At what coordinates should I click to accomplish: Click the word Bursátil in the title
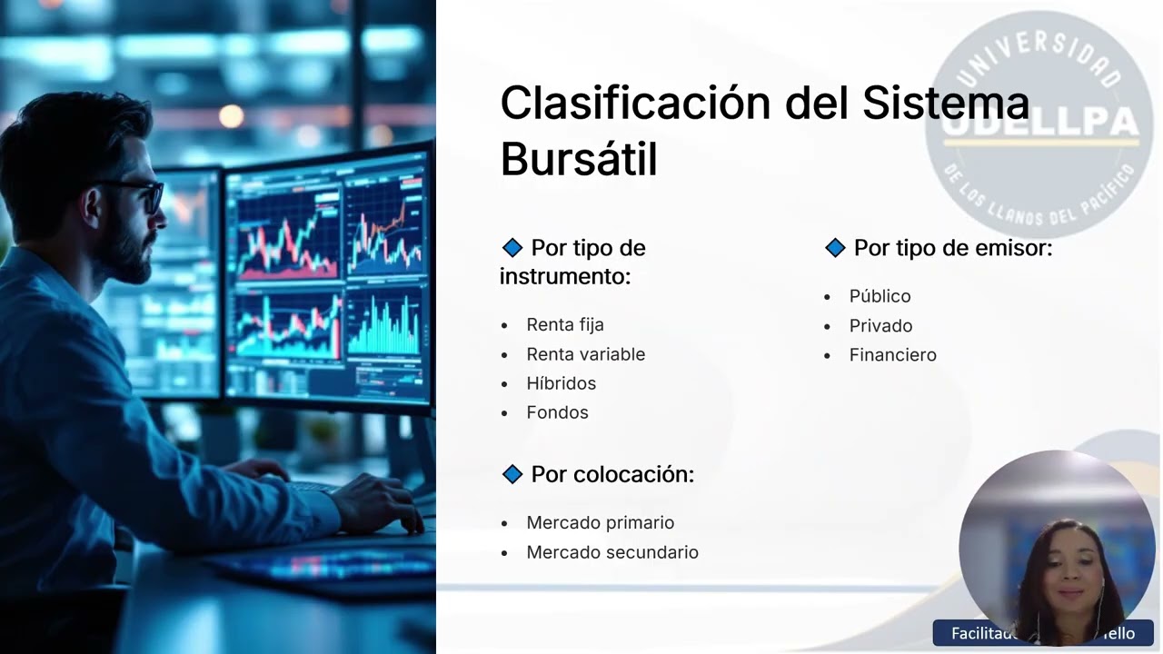point(578,159)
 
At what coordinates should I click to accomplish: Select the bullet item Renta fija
point(564,324)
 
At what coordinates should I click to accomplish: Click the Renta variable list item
point(585,354)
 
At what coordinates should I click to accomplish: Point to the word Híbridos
point(561,383)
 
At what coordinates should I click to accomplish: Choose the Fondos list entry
point(557,412)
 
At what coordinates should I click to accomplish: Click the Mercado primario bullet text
point(600,522)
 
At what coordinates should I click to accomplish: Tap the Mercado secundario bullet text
point(611,552)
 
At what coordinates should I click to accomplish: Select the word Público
point(880,296)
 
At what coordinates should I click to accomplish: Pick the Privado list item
point(880,325)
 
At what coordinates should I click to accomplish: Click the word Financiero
point(892,355)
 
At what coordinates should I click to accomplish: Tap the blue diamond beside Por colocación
point(512,474)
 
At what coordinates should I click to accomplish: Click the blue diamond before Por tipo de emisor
point(835,248)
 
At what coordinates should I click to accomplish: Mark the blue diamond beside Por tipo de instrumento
point(512,248)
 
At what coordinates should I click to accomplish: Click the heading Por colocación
point(611,474)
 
